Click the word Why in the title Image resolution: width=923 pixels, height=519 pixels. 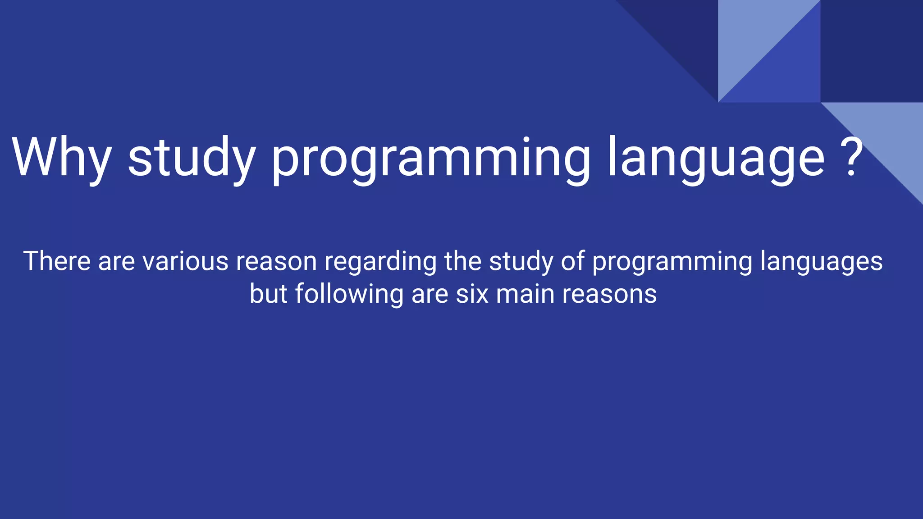[62, 158]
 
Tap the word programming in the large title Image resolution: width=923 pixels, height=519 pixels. [430, 160]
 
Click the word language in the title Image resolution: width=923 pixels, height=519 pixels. [716, 160]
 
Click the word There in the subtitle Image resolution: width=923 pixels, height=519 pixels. [57, 261]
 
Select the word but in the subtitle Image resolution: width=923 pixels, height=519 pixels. [268, 294]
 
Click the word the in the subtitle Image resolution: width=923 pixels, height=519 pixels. [463, 261]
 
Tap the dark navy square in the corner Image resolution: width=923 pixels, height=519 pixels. [871, 51]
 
